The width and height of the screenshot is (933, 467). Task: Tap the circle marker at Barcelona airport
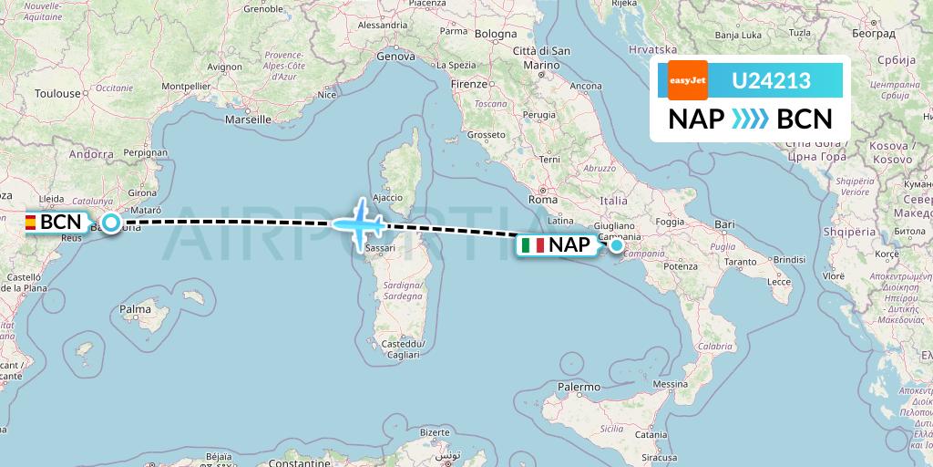tap(111, 222)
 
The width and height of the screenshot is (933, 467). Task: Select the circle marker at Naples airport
tap(617, 244)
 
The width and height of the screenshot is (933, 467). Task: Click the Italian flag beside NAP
tap(534, 245)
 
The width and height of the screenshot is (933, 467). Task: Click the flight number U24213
tap(772, 81)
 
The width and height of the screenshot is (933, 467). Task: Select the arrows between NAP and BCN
tap(751, 119)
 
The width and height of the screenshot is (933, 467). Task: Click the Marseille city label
tap(249, 119)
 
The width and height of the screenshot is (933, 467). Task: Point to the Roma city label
tap(542, 199)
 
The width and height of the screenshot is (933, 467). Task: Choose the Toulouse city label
tap(58, 93)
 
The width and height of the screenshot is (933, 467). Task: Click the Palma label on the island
tap(135, 310)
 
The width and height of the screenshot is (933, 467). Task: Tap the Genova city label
tap(395, 57)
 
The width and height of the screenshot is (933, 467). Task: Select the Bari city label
tap(725, 223)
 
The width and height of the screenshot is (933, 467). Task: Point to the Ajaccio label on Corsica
tap(387, 197)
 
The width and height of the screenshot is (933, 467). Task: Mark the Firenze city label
tap(469, 84)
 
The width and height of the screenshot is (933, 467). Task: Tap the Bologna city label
tap(496, 34)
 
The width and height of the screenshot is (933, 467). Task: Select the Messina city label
tap(669, 385)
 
